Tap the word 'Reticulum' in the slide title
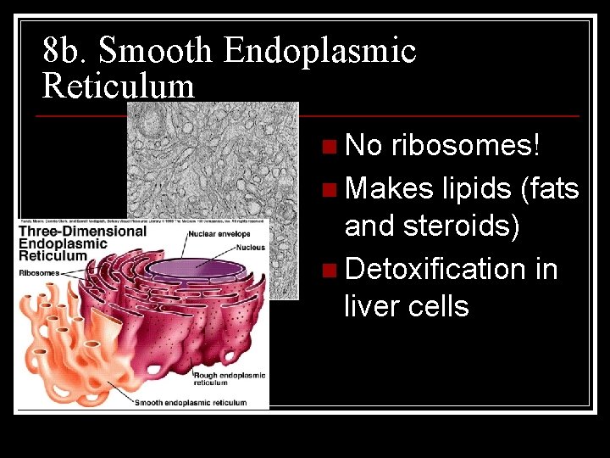pyautogui.click(x=118, y=86)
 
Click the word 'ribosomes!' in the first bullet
pyautogui.click(x=465, y=146)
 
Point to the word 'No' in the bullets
pyautogui.click(x=363, y=146)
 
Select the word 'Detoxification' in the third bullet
pyautogui.click(x=435, y=269)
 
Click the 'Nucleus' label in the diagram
pyautogui.click(x=251, y=248)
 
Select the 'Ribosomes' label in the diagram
pyautogui.click(x=39, y=272)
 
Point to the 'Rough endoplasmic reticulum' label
pyautogui.click(x=229, y=379)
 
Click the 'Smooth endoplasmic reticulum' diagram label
pyautogui.click(x=191, y=403)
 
